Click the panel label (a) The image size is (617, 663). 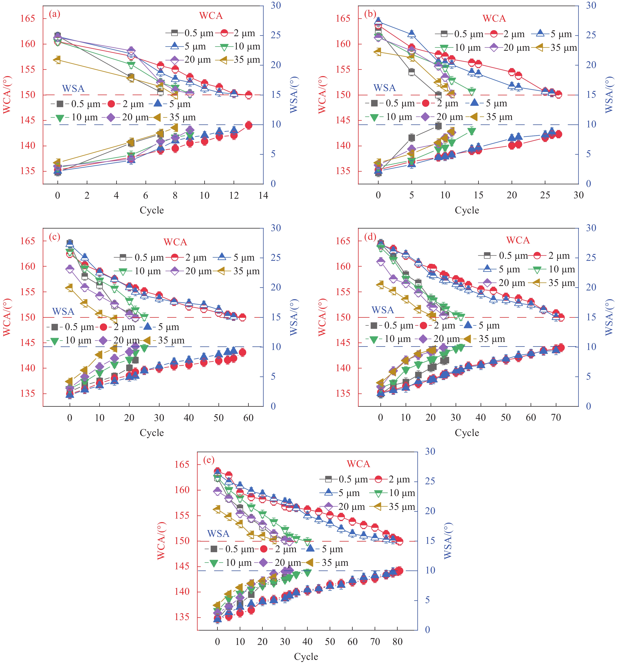54,14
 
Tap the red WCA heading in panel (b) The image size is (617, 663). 494,19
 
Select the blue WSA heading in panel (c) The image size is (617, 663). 63,312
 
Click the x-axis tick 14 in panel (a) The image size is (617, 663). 263,196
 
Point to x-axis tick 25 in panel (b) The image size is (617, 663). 545,196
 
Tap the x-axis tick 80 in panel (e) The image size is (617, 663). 398,641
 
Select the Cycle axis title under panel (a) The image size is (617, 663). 152,210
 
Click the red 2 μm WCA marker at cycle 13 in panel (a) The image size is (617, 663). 249,95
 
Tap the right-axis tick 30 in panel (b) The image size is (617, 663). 591,6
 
